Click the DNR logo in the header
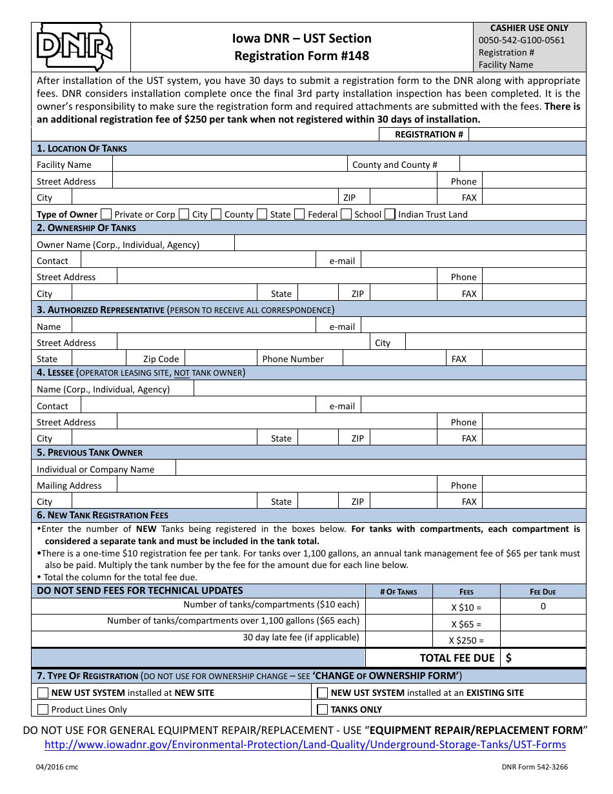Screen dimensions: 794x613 [x=75, y=46]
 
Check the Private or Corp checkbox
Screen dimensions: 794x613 [x=106, y=214]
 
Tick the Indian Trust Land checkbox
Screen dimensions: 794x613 [x=390, y=214]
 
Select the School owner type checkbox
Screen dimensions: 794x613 [x=346, y=214]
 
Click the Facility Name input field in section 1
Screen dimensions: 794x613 [x=229, y=165]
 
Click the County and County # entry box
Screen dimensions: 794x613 [x=523, y=165]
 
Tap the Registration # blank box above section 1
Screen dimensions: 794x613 [x=527, y=134]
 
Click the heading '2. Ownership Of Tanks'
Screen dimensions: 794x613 [x=86, y=228]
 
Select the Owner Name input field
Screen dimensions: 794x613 [x=410, y=244]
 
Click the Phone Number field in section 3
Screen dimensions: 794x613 [x=394, y=359]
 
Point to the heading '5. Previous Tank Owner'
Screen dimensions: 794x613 [x=90, y=453]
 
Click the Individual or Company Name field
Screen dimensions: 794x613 [x=381, y=469]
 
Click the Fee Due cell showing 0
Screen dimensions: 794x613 [x=543, y=606]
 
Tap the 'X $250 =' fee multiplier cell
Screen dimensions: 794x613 [x=466, y=640]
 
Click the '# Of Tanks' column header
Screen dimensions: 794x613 [x=398, y=592]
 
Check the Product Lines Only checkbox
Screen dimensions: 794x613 [x=43, y=709]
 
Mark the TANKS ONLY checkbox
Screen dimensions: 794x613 [x=323, y=709]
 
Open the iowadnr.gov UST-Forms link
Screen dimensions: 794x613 [x=305, y=745]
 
